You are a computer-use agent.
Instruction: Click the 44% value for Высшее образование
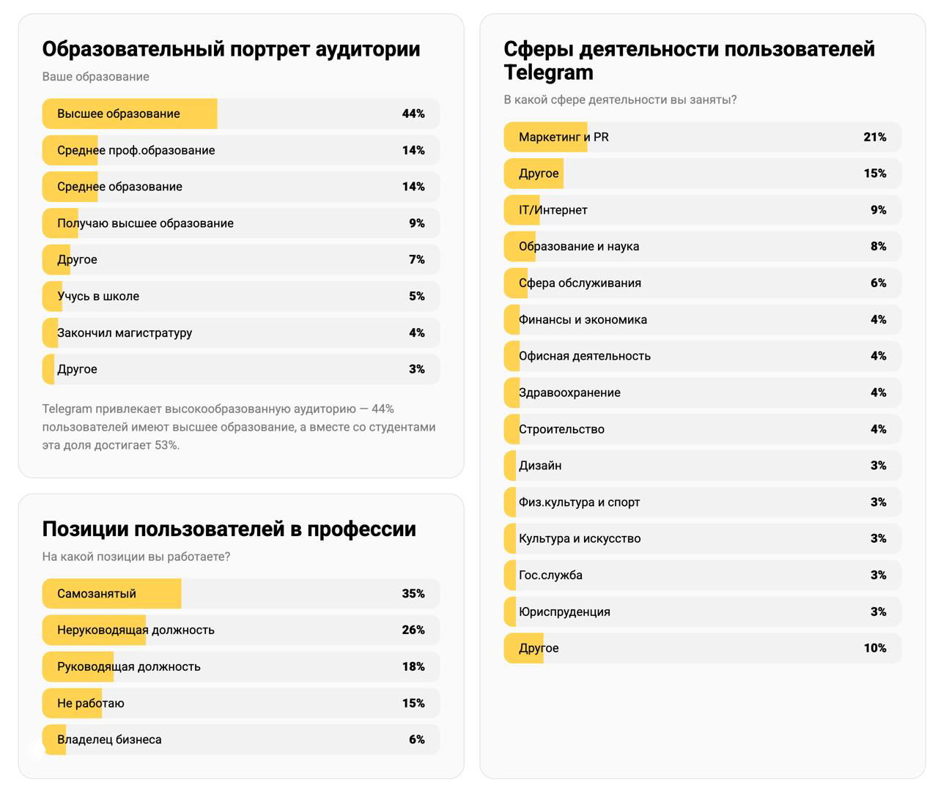click(x=413, y=114)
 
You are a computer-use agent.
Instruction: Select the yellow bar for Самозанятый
click(x=111, y=594)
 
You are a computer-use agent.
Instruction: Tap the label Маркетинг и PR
click(x=564, y=137)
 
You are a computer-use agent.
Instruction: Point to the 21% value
click(x=875, y=137)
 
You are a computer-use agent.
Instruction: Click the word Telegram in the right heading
click(x=548, y=72)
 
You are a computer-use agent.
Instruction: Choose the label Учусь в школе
click(x=98, y=297)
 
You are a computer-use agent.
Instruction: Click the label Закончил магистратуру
click(x=125, y=333)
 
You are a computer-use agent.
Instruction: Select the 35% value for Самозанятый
click(x=413, y=594)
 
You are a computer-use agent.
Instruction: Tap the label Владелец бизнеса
click(x=109, y=740)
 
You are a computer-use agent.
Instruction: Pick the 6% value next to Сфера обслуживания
click(x=878, y=283)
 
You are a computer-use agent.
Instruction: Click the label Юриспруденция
click(x=564, y=612)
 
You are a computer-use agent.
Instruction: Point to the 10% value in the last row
click(x=875, y=648)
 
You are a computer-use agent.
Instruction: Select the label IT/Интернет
click(x=553, y=210)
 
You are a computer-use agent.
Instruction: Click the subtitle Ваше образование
click(x=95, y=77)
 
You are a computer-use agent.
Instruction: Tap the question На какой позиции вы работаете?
click(x=136, y=557)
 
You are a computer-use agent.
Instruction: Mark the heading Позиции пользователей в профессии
click(x=229, y=529)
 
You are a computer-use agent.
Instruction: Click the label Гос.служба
click(x=550, y=576)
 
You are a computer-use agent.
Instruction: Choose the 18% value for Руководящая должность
click(x=413, y=666)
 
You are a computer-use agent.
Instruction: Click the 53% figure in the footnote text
click(x=166, y=445)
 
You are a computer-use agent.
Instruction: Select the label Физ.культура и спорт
click(x=579, y=502)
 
